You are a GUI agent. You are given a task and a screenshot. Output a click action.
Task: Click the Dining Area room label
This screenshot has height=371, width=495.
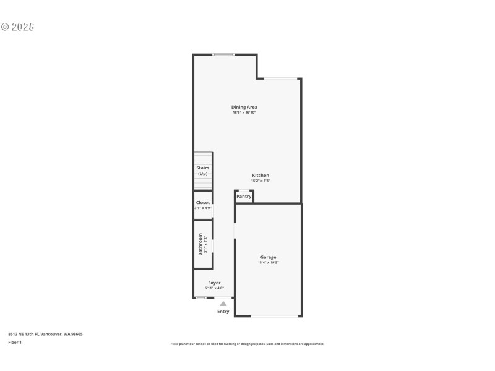tap(244, 107)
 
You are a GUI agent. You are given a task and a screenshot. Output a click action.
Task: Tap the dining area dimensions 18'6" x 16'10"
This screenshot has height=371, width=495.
tap(244, 113)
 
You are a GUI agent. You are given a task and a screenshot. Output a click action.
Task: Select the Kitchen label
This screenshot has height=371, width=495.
tap(260, 175)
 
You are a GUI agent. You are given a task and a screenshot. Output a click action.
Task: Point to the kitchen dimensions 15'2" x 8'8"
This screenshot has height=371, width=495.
tap(260, 181)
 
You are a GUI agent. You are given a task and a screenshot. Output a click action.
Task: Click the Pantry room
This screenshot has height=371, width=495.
tap(244, 197)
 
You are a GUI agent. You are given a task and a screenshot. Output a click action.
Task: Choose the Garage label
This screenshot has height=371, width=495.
tap(268, 257)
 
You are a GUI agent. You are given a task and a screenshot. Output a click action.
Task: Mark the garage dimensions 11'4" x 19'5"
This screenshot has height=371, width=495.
tap(268, 263)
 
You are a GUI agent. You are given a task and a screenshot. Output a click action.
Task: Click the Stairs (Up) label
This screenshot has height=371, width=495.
tap(203, 171)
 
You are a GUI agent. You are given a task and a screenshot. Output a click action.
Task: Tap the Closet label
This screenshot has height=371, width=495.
tap(203, 202)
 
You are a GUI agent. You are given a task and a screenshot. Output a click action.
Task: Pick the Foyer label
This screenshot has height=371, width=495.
tap(214, 283)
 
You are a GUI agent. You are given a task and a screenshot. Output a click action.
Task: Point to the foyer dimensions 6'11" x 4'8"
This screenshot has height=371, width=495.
tap(214, 288)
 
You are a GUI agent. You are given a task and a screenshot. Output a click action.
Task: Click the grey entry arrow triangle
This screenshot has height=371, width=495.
tap(223, 304)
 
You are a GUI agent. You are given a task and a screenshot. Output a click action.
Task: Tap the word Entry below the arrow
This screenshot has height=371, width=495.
tap(223, 312)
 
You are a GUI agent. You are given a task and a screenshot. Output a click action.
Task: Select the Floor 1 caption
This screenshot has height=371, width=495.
tap(15, 342)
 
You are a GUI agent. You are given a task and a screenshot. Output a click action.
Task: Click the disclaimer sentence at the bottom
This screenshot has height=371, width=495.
tap(247, 344)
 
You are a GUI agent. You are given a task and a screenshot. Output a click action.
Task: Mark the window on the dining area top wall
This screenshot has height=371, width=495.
tap(223, 55)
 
